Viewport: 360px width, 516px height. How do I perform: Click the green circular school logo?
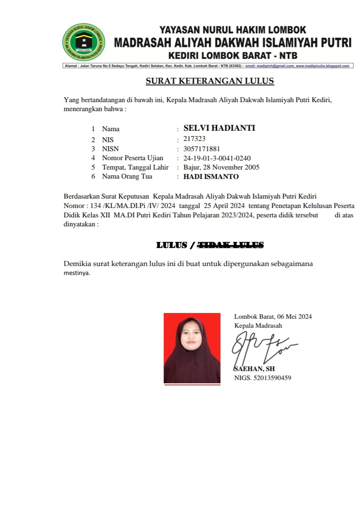[84, 42]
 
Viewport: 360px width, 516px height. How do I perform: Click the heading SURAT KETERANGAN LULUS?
[210, 81]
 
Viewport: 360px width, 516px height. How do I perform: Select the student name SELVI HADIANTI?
[219, 128]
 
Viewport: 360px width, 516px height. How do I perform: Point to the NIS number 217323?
[195, 139]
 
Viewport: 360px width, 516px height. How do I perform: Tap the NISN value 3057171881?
[202, 149]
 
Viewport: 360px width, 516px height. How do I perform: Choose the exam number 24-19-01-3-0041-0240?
[217, 158]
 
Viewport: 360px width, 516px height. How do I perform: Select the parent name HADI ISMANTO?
[211, 176]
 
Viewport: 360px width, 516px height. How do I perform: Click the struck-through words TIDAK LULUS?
[230, 245]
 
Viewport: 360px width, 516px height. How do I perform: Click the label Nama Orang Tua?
[127, 176]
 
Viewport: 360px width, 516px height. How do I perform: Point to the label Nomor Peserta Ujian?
[132, 158]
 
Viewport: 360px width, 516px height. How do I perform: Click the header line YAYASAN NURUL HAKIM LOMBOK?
[233, 30]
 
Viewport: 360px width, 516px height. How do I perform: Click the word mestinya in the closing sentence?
[76, 273]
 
